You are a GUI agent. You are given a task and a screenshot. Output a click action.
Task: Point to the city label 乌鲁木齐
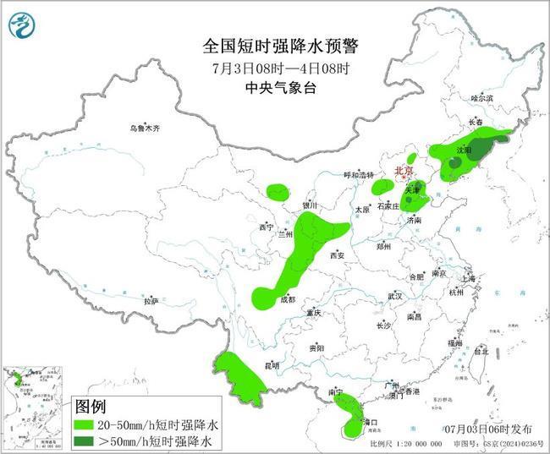pyautogui.click(x=145, y=129)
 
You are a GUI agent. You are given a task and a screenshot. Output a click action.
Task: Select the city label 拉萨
pyautogui.click(x=151, y=300)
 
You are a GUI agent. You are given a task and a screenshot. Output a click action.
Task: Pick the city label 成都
pyautogui.click(x=288, y=299)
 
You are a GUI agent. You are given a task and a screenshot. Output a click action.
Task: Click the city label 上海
pyautogui.click(x=468, y=278)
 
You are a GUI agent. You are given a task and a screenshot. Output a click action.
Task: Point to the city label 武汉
pyautogui.click(x=395, y=296)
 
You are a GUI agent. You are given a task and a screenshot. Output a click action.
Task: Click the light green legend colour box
pyautogui.click(x=87, y=424)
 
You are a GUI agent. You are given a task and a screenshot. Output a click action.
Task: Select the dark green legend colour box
pyautogui.click(x=87, y=440)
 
